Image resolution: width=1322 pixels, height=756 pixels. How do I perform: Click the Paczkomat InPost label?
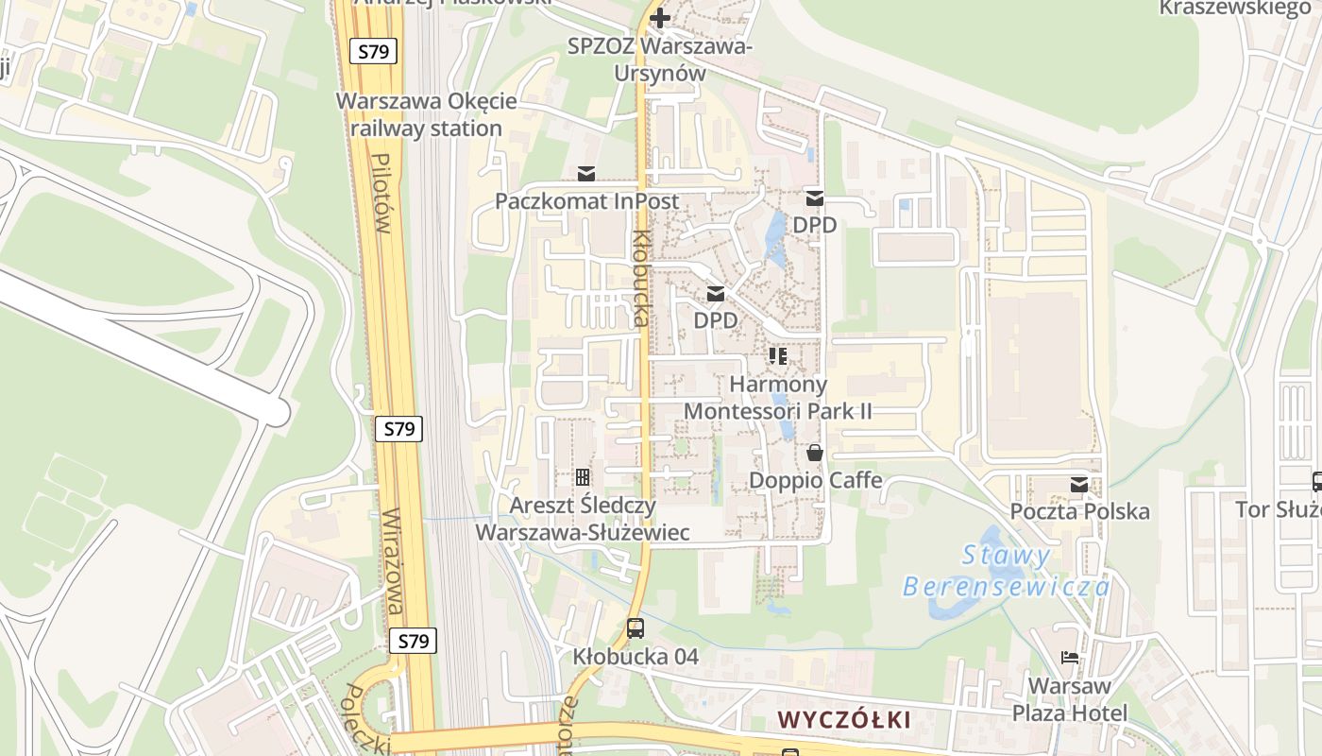coord(586,201)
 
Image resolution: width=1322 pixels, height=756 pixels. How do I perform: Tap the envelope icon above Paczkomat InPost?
coord(586,174)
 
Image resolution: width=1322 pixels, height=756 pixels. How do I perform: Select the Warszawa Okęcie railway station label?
coord(426,115)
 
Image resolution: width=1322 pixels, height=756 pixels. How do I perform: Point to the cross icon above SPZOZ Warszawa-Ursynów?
coord(659,17)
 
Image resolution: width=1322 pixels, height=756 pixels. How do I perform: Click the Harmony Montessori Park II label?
coord(777,398)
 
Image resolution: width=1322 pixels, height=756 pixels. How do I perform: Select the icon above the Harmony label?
coord(778,356)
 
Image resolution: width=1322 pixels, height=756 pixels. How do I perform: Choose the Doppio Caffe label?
coord(815,480)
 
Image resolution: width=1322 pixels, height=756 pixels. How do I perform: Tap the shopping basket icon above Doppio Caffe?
coord(815,454)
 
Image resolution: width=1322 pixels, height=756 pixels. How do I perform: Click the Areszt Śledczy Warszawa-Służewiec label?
coord(582,519)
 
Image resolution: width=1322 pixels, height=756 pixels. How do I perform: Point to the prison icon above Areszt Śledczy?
coord(583,477)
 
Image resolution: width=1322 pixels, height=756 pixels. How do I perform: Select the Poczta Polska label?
coord(1079,511)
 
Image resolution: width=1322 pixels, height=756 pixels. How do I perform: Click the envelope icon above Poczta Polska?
coord(1079,485)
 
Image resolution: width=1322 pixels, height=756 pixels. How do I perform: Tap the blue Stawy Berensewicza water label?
coord(1007,571)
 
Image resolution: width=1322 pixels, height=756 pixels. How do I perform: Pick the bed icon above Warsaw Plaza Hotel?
coord(1070,658)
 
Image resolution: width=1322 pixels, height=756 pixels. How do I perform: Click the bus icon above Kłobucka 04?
coord(636,627)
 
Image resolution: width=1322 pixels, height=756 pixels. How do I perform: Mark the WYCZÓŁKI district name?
coord(844,720)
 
